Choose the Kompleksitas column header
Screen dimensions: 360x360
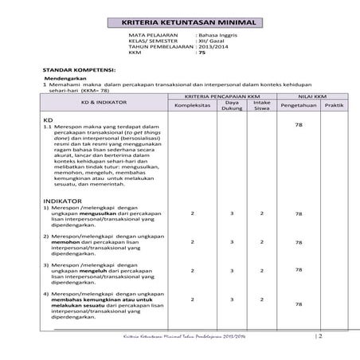(x=192, y=104)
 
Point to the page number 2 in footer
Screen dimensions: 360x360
(x=319, y=336)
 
